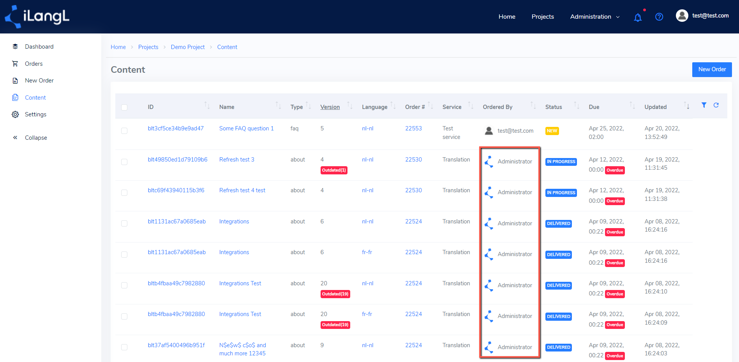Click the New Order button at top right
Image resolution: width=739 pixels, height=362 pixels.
pyautogui.click(x=712, y=69)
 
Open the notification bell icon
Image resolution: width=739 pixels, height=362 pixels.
pyautogui.click(x=638, y=17)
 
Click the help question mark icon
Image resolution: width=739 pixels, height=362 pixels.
pyautogui.click(x=659, y=17)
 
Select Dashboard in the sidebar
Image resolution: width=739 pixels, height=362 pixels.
pyautogui.click(x=39, y=47)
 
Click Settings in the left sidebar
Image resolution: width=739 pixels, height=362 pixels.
pyautogui.click(x=35, y=114)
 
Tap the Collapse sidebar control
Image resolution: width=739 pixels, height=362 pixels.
pyautogui.click(x=36, y=138)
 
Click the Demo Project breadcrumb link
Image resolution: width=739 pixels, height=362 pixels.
pyautogui.click(x=188, y=47)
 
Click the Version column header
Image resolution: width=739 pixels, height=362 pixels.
pyautogui.click(x=330, y=107)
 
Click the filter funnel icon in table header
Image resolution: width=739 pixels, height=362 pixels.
pyautogui.click(x=704, y=105)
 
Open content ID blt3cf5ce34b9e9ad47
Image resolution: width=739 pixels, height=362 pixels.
pyautogui.click(x=176, y=128)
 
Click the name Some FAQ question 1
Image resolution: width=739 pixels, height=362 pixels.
pyautogui.click(x=246, y=128)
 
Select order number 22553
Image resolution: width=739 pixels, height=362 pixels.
pyautogui.click(x=413, y=128)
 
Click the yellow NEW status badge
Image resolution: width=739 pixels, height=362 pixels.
pyautogui.click(x=552, y=131)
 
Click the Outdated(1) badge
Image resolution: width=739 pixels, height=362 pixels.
pyautogui.click(x=334, y=170)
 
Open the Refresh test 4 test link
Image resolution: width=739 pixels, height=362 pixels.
pyautogui.click(x=242, y=190)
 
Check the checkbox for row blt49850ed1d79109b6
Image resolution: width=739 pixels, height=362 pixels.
pyautogui.click(x=124, y=162)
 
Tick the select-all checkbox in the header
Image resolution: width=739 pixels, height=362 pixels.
pyautogui.click(x=124, y=107)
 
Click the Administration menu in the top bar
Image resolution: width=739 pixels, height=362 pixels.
pyautogui.click(x=594, y=17)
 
